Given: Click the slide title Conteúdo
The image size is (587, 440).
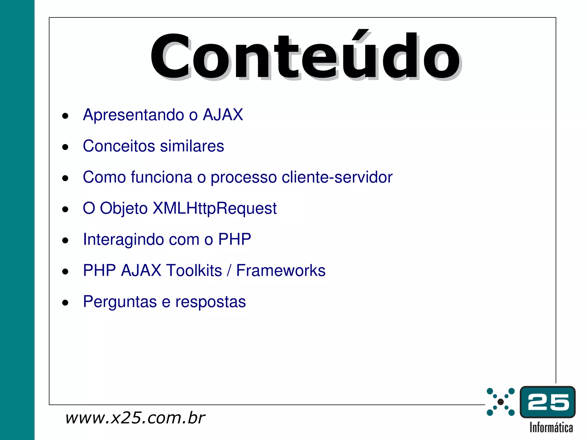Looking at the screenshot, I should click(305, 56).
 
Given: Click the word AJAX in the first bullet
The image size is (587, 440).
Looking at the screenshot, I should click(223, 115).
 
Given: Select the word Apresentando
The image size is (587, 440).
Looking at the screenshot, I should click(133, 115).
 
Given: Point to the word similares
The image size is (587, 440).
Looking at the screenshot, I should click(192, 146).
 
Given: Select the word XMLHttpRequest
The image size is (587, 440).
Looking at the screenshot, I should click(214, 208).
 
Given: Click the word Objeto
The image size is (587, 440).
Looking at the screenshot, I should click(124, 209).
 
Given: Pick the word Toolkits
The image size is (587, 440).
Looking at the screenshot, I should click(194, 270).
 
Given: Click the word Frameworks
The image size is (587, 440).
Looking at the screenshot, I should click(281, 270).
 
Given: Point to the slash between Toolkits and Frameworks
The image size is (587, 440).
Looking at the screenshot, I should click(229, 271).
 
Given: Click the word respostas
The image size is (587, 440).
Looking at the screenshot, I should click(210, 302).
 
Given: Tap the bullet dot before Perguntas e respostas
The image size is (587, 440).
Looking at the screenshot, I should click(65, 302).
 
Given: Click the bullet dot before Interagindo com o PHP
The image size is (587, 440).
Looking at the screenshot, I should click(65, 240).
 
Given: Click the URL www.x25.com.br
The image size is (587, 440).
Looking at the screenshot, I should click(135, 418).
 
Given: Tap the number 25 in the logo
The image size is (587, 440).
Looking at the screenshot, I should click(548, 402).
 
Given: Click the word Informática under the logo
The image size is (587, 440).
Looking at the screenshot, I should click(551, 428).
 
